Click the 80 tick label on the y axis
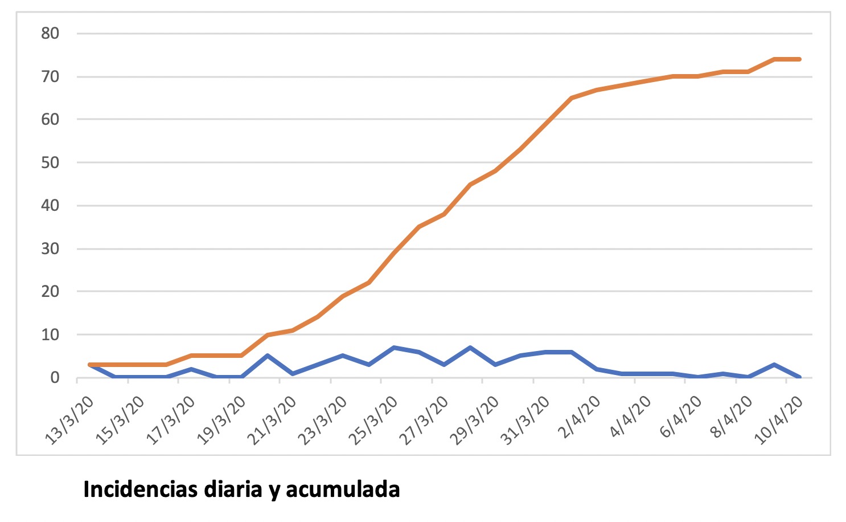pyautogui.click(x=50, y=34)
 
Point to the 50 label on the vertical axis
pyautogui.click(x=50, y=163)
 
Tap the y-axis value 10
pyautogui.click(x=50, y=335)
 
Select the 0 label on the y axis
pyautogui.click(x=55, y=378)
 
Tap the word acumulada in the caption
pyautogui.click(x=343, y=490)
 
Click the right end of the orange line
pyautogui.click(x=800, y=59)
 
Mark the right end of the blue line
pyautogui.click(x=800, y=377)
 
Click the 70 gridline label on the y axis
pyautogui.click(x=50, y=77)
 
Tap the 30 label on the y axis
pyautogui.click(x=50, y=249)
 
